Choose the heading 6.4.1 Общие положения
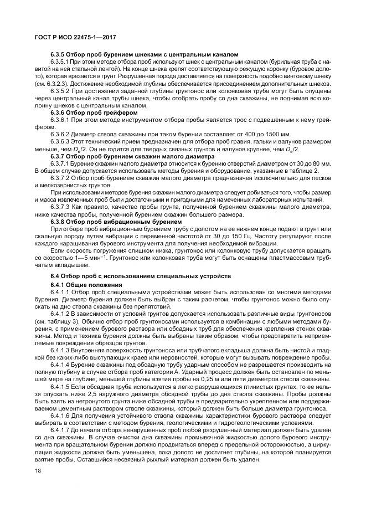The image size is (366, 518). coord(83,284)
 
